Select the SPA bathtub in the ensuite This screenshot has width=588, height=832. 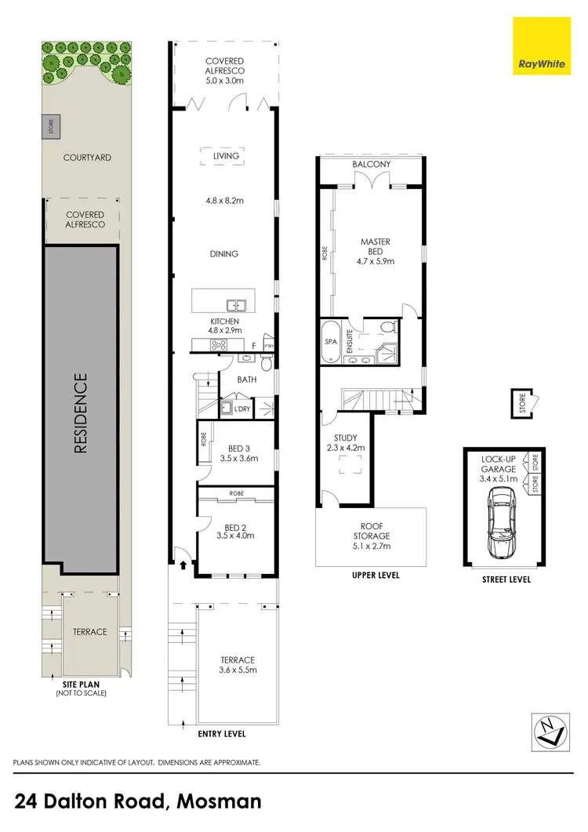(x=329, y=343)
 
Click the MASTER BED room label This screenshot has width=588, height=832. (x=375, y=246)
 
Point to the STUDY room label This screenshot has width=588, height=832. (x=346, y=438)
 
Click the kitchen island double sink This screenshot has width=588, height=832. (x=235, y=306)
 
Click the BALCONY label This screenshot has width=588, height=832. (x=371, y=165)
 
